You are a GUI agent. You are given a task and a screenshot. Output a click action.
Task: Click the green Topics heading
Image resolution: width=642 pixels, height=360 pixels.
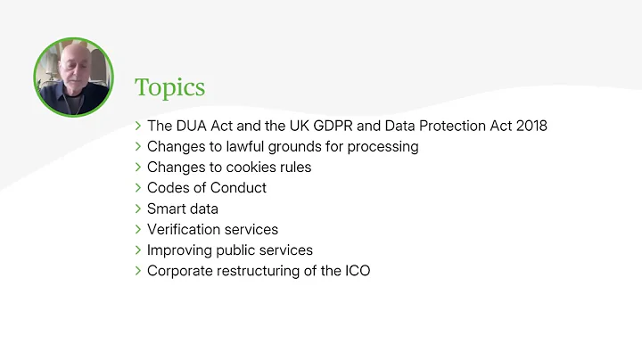pyautogui.click(x=169, y=87)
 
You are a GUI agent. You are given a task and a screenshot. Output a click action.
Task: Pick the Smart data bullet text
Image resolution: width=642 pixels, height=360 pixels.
pyautogui.click(x=183, y=209)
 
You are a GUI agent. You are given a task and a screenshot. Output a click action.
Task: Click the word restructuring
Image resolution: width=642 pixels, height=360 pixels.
pyautogui.click(x=259, y=271)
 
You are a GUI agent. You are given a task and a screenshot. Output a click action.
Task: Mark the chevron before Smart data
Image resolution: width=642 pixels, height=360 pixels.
pyautogui.click(x=138, y=209)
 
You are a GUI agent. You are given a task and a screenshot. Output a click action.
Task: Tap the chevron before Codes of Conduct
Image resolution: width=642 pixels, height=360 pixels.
pyautogui.click(x=138, y=188)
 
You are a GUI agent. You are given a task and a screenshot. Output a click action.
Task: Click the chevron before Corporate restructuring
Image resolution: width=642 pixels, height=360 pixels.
pyautogui.click(x=138, y=271)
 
